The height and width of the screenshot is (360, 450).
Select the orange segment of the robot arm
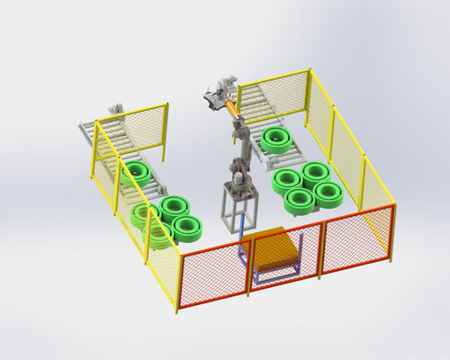pos(235,108)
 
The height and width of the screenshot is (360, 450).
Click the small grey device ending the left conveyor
pos(115,112)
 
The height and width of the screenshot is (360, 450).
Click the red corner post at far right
pos(391,233)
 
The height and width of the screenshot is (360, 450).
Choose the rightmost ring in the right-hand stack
pos(328,192)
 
